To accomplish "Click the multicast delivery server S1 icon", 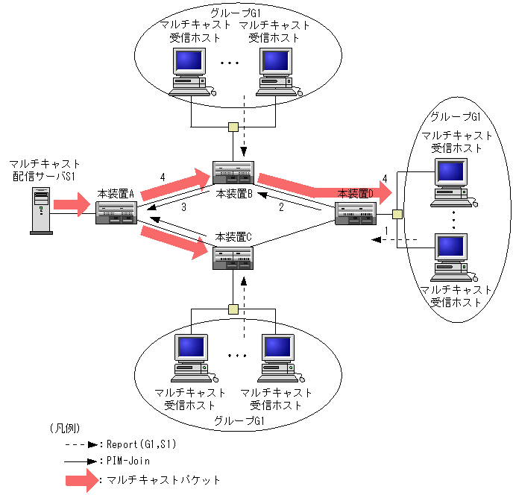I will pyautogui.click(x=40, y=211).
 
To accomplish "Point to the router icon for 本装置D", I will pyautogui.click(x=357, y=213).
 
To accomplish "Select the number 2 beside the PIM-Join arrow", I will pyautogui.click(x=282, y=207).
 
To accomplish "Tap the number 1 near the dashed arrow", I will pyautogui.click(x=386, y=232).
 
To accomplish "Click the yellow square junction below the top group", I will pyautogui.click(x=233, y=126).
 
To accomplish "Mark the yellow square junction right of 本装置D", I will pyautogui.click(x=397, y=215).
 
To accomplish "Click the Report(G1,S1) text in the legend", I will pyautogui.click(x=142, y=444).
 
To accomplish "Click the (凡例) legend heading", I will pyautogui.click(x=65, y=428).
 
